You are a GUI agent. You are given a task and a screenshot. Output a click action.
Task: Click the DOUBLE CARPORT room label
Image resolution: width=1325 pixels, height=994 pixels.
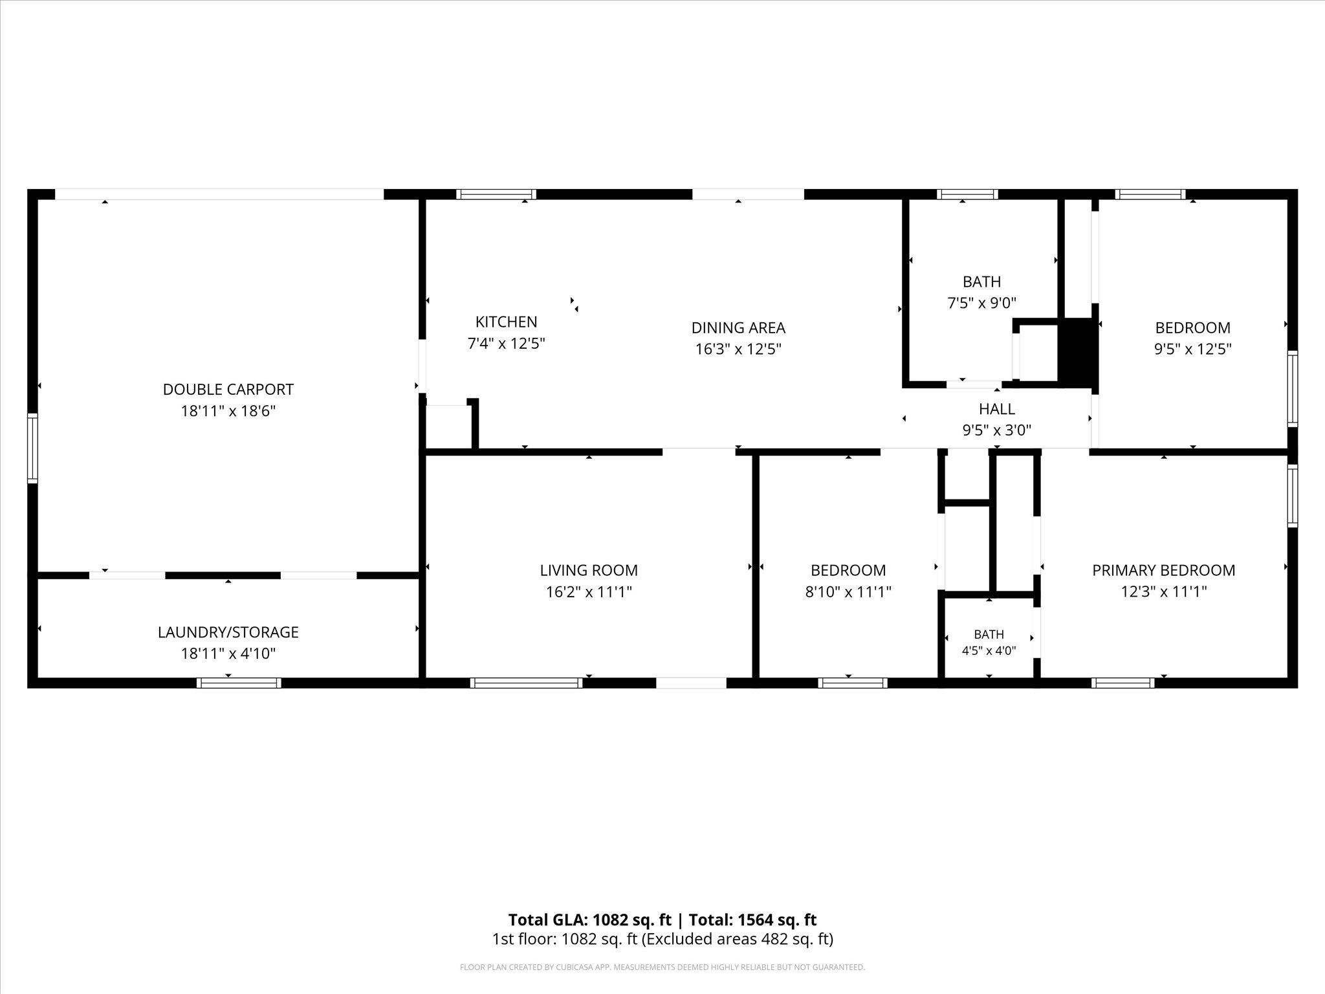coord(228,390)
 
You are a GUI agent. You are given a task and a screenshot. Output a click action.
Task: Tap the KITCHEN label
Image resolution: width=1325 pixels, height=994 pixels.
coord(506,322)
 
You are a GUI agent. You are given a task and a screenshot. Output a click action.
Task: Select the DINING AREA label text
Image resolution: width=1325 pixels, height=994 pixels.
coord(738,327)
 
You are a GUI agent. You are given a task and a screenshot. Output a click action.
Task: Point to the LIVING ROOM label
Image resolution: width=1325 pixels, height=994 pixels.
coord(589,570)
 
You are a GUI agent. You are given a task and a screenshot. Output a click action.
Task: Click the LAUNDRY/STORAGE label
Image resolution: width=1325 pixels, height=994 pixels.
coord(228,632)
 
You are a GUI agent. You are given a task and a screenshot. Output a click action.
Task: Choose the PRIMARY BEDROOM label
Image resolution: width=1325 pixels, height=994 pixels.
coord(1163,570)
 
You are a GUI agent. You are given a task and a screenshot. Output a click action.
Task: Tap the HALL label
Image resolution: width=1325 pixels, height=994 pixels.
coord(996,409)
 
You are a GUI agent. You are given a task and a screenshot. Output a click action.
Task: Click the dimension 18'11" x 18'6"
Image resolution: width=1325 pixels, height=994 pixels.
coord(228,411)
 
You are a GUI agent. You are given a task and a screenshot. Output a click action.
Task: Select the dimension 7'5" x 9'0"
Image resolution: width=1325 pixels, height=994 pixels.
coord(981,303)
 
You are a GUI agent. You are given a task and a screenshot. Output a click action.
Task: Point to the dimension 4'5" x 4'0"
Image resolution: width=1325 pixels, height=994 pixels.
coord(989,650)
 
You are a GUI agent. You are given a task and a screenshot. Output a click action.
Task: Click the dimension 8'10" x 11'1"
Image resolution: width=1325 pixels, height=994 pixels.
coord(848,591)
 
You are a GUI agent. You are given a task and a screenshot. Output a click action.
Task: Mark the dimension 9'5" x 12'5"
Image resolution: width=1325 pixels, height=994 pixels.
coord(1192,349)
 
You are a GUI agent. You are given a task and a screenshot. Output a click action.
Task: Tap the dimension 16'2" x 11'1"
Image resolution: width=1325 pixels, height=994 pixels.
coord(589,591)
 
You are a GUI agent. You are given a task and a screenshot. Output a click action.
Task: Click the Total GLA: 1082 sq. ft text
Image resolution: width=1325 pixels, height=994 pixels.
coord(589,920)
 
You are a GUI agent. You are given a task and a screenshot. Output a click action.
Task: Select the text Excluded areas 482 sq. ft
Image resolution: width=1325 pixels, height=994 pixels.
coord(738,939)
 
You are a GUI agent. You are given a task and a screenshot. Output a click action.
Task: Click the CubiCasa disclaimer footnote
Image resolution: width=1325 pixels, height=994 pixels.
coord(662,967)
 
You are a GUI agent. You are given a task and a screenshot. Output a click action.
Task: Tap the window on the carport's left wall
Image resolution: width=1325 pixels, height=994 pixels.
coord(32,448)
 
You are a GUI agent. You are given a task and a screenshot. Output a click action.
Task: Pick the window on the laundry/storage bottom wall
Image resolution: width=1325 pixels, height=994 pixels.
coord(239,683)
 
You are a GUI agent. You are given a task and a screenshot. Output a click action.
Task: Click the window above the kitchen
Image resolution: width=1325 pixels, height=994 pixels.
coord(496,194)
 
